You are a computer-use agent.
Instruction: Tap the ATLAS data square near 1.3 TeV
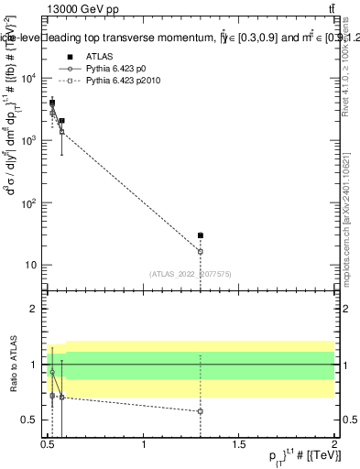(x=201, y=235)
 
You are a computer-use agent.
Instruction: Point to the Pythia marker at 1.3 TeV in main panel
(x=201, y=251)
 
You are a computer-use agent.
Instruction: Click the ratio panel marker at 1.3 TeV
(x=201, y=411)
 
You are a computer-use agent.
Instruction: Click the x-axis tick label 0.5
(x=49, y=446)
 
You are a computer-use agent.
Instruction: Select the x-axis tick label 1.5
(x=240, y=446)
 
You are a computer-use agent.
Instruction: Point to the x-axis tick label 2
(x=334, y=446)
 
